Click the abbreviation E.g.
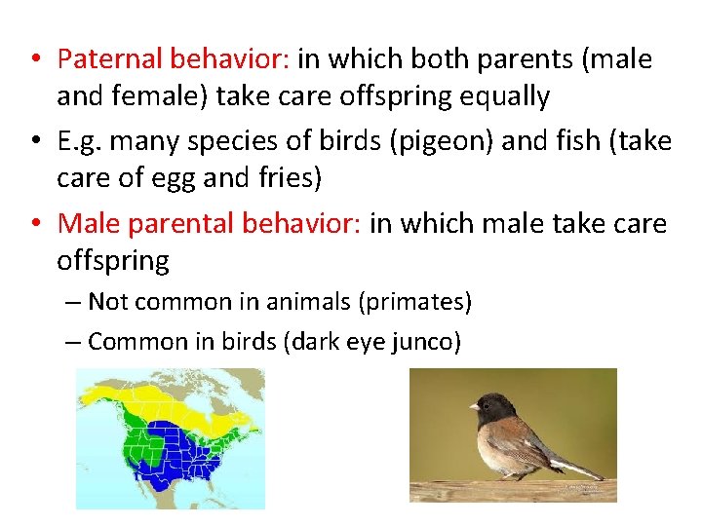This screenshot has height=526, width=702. coord(83,142)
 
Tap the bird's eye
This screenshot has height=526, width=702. coord(490,400)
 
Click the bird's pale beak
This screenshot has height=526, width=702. coord(473,406)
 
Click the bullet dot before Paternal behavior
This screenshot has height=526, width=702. coord(34,60)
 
